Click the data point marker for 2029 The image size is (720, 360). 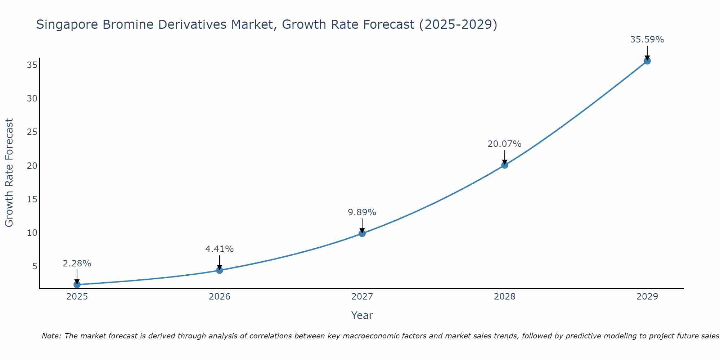point(647,61)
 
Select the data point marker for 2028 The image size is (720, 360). point(504,165)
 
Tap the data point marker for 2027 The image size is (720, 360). point(362,233)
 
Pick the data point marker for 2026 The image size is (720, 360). point(220,270)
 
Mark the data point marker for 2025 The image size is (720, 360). point(77,284)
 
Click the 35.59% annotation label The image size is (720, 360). point(647,40)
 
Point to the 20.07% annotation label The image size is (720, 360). point(504,144)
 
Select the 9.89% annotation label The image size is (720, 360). point(362,212)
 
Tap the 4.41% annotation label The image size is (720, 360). point(220,249)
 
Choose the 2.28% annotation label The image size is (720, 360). point(77,264)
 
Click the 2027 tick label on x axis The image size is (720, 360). point(362,297)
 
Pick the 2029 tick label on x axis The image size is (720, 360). point(647,297)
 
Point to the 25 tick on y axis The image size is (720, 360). point(32,132)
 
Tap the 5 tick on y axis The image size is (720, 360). point(35,266)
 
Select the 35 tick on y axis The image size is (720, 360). point(32,65)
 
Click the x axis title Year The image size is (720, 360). point(362,315)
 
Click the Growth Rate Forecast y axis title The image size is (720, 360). point(9,173)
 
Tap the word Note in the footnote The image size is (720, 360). point(51,336)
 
